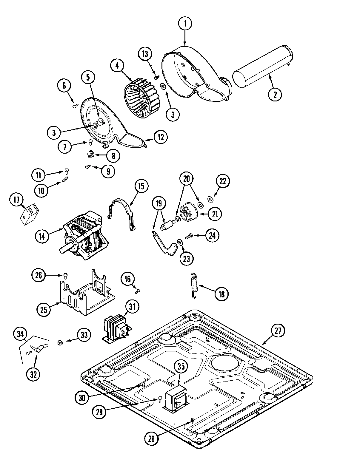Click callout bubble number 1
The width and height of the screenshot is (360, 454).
185,24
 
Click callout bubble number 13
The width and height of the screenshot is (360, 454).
145,54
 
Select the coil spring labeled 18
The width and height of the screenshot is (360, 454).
194,285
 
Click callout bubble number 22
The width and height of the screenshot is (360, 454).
223,181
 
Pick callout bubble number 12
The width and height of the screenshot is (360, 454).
161,137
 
